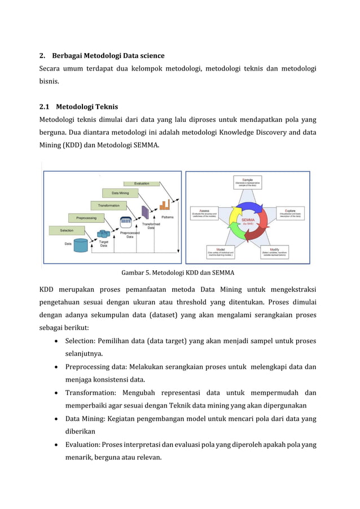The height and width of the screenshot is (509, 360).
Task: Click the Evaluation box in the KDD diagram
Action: pos(142,183)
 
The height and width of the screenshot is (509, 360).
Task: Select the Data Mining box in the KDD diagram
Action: pos(120,193)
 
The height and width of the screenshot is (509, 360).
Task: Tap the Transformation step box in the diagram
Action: pos(108,205)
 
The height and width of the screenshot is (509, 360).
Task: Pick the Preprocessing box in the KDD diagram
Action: pos(82,217)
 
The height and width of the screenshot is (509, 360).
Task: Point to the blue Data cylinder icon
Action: pos(81,245)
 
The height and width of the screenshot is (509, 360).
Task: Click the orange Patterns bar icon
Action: pos(166,205)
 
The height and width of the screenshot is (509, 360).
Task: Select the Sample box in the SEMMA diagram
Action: pos(248,182)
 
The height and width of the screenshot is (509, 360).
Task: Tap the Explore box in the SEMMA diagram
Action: pos(290,212)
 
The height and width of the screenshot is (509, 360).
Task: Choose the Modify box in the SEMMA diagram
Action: pos(274,252)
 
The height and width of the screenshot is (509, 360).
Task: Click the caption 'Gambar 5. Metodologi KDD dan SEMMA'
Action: pos(178,273)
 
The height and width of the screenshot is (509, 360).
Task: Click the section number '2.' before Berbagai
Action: pos(42,55)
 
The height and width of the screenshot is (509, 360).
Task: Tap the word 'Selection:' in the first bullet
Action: pos(81,341)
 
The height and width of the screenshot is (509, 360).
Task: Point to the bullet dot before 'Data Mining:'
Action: pos(57,419)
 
